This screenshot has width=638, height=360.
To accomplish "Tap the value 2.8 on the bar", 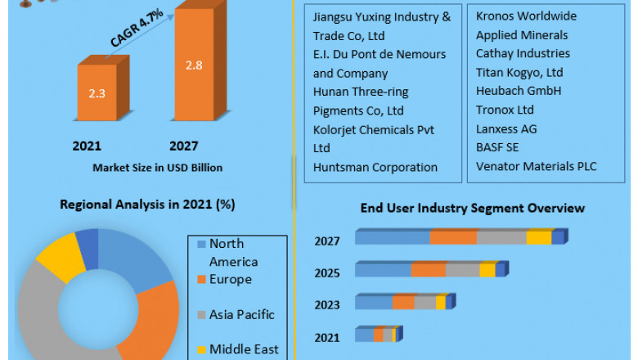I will (x=194, y=65).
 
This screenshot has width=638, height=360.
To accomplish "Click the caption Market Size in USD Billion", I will (x=157, y=167).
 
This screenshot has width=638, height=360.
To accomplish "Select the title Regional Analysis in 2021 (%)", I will (x=146, y=205).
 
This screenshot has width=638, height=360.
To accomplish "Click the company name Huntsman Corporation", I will (x=375, y=167).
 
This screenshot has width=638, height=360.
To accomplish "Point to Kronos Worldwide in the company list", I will (x=526, y=16).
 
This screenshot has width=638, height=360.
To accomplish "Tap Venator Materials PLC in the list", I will (x=536, y=167).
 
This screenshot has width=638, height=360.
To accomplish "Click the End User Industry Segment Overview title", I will (x=473, y=208).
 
